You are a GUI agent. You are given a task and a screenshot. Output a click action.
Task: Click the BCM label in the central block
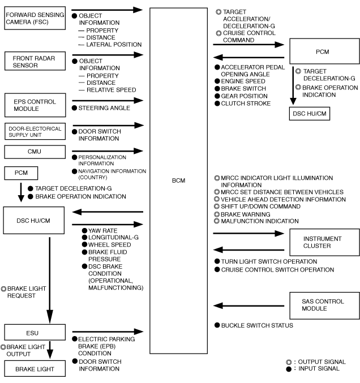click(178, 180)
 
